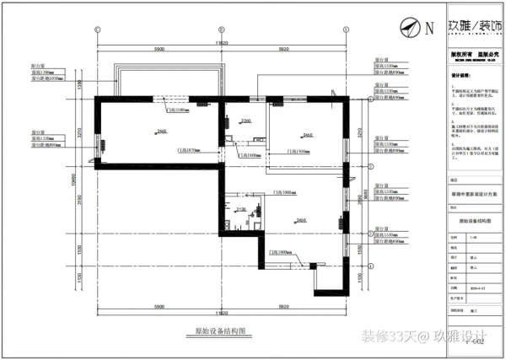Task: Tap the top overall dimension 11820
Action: (x=221, y=41)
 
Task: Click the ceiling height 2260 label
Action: (x=245, y=122)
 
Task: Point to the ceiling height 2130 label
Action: (x=240, y=209)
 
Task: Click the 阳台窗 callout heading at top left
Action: (x=36, y=63)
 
